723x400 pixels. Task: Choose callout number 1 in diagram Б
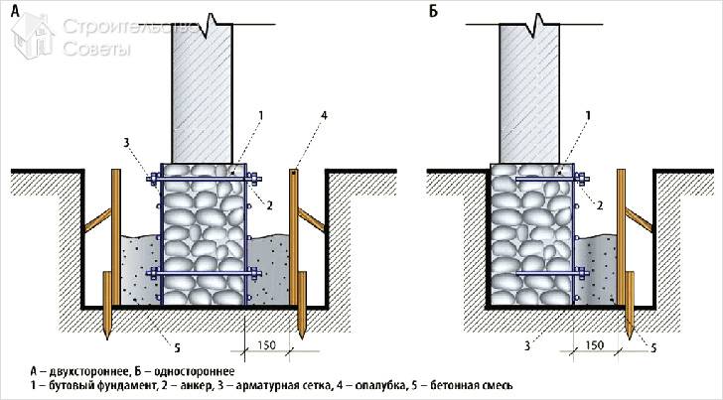click(589, 115)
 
